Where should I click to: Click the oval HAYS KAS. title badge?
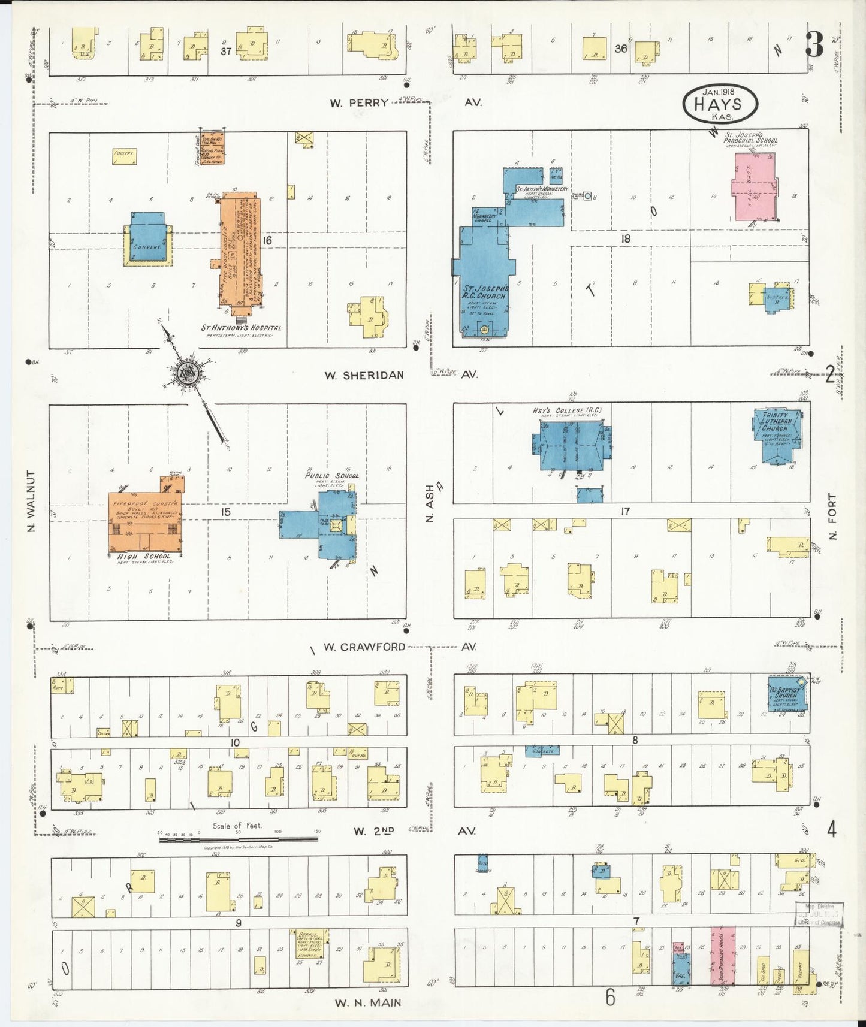pyautogui.click(x=720, y=103)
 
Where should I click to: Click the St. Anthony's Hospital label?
pyautogui.click(x=241, y=328)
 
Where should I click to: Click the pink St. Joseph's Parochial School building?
pyautogui.click(x=754, y=186)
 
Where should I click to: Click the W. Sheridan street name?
pyautogui.click(x=364, y=375)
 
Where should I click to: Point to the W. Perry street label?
pyautogui.click(x=359, y=102)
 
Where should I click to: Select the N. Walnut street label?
pyautogui.click(x=31, y=501)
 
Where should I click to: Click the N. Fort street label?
pyautogui.click(x=832, y=516)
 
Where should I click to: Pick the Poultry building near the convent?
pyautogui.click(x=125, y=156)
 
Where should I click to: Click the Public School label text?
pyautogui.click(x=331, y=476)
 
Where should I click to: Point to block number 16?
pyautogui.click(x=267, y=240)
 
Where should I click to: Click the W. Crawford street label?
pyautogui.click(x=364, y=647)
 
